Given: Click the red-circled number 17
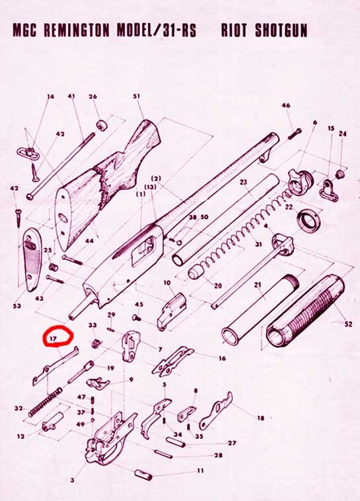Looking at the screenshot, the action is click(53, 339).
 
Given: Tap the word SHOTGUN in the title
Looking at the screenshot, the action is click(281, 30).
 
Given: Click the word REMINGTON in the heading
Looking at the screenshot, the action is click(77, 30).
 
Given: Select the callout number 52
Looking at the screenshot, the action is click(348, 323).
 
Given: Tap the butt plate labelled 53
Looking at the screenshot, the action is click(33, 259).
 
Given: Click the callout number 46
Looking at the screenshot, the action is click(286, 106).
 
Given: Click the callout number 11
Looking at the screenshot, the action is click(200, 471).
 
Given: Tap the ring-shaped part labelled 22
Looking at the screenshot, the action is click(309, 220).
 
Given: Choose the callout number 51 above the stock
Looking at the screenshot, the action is click(137, 96).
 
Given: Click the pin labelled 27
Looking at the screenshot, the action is click(176, 442).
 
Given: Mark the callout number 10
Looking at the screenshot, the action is click(167, 283).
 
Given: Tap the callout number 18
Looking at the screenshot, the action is click(261, 418).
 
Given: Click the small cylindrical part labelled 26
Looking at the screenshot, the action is click(102, 125).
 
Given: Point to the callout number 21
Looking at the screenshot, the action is click(258, 284).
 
